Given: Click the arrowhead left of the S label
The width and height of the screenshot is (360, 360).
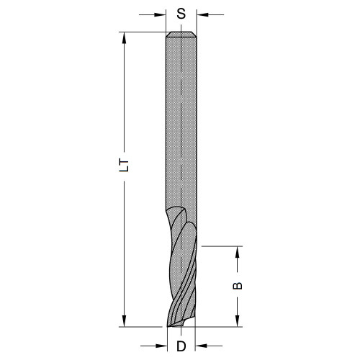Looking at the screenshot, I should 162,13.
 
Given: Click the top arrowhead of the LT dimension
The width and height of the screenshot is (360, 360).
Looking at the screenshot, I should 124,36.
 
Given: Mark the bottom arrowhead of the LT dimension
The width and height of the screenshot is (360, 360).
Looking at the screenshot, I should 124,322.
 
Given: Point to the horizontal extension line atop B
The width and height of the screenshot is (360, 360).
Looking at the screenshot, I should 223,246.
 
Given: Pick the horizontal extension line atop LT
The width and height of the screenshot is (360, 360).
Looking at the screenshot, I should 140,32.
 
